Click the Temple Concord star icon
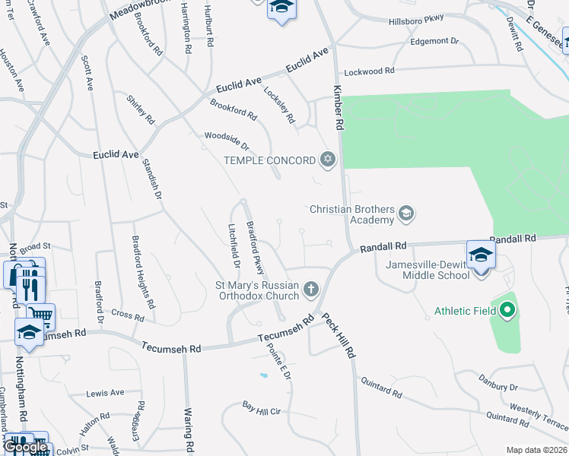(328, 160)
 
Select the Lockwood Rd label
(370, 71)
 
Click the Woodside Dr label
(227, 141)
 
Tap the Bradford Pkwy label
(256, 248)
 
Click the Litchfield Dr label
(234, 245)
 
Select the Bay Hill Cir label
(262, 409)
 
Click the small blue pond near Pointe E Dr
(263, 375)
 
